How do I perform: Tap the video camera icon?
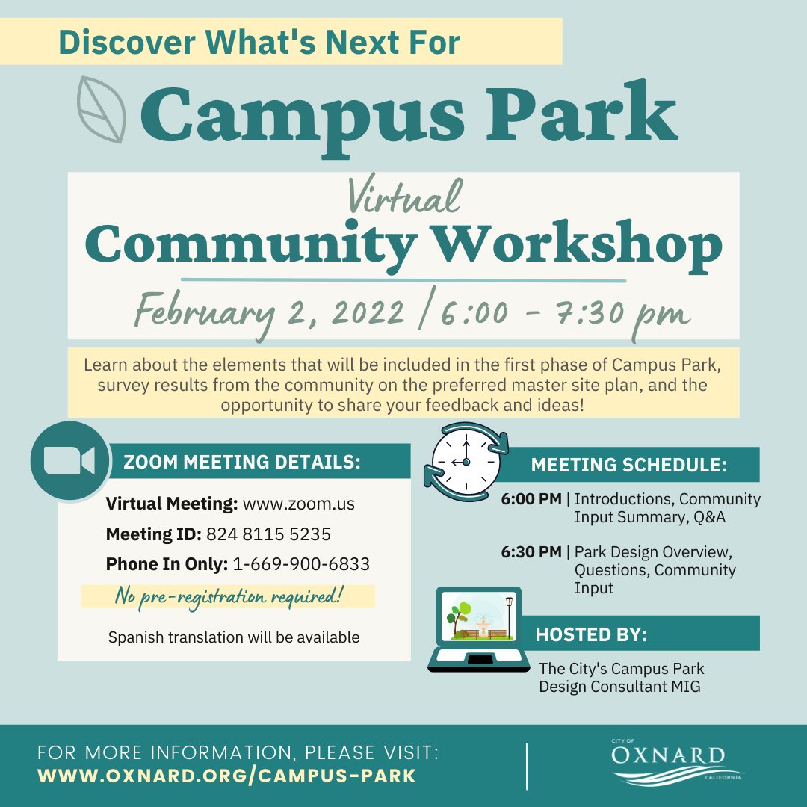tap(69, 461)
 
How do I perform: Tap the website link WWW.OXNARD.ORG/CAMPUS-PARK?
tap(226, 776)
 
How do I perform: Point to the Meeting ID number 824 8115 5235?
tap(268, 535)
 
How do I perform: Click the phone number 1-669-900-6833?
tap(301, 565)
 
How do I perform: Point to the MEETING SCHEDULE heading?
tap(629, 465)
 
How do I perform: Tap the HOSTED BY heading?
tap(591, 634)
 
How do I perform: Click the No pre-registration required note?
tap(228, 596)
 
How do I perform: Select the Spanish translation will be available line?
tap(234, 638)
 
